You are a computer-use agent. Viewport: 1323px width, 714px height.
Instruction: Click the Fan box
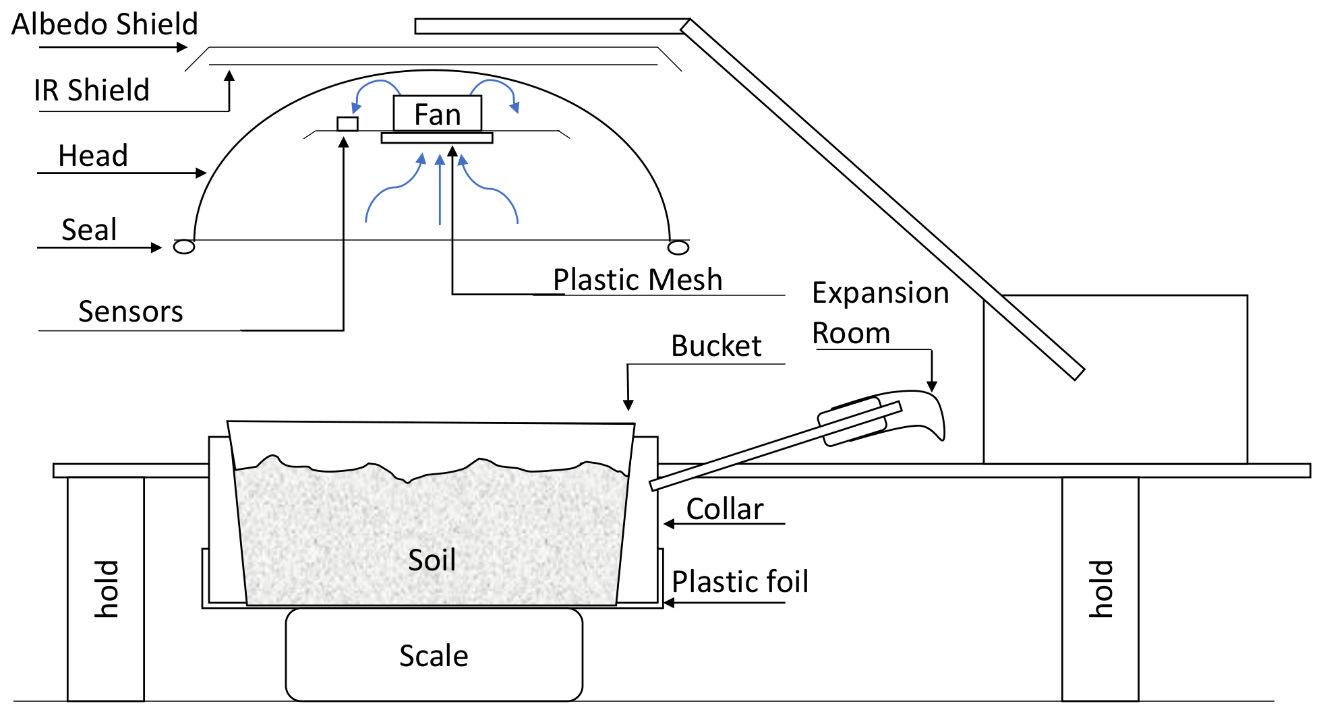pos(437,113)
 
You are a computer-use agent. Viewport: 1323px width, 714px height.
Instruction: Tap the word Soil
pos(432,560)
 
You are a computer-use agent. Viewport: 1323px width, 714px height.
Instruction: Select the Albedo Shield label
pos(105,24)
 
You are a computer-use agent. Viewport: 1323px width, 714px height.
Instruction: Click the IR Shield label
pos(91,90)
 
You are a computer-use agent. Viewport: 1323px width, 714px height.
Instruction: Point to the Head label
pos(93,156)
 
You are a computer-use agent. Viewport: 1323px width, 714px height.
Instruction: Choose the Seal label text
pos(89,230)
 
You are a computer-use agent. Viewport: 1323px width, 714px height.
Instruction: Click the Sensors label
pos(130,311)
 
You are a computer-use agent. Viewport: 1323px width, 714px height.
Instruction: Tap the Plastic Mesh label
pos(637,279)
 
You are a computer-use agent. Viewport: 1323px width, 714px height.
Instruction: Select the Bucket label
pos(716,346)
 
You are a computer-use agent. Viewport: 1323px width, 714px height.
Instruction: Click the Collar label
pos(725,509)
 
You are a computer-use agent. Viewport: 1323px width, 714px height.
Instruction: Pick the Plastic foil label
pos(740,581)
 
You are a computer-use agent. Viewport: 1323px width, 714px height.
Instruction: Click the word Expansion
pos(880,293)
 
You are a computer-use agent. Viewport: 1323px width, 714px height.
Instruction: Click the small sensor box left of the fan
pos(347,123)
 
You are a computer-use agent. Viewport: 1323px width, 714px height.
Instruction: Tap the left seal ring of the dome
pos(184,247)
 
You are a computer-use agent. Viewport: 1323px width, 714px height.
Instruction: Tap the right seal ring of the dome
pos(678,247)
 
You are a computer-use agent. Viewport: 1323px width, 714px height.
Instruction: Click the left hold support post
pos(106,589)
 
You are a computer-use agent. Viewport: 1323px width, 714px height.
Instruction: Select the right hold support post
pos(1100,589)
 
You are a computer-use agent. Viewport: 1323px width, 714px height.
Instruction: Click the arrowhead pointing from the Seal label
pos(156,247)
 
